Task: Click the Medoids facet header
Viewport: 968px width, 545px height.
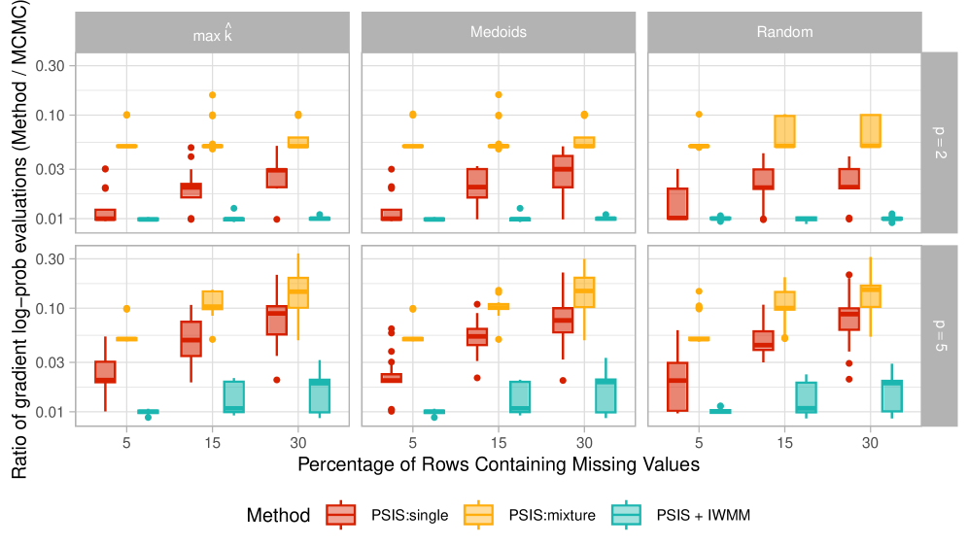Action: pos(498,32)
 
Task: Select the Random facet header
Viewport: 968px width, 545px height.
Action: pos(783,32)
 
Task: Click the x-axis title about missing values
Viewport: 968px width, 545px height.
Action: pos(498,464)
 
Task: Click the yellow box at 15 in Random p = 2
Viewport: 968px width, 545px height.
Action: pos(784,131)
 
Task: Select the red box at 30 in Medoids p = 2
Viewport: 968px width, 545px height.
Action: pos(563,171)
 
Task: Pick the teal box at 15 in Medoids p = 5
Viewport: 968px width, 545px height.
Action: pos(520,396)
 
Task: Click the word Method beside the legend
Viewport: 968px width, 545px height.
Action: pos(279,516)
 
